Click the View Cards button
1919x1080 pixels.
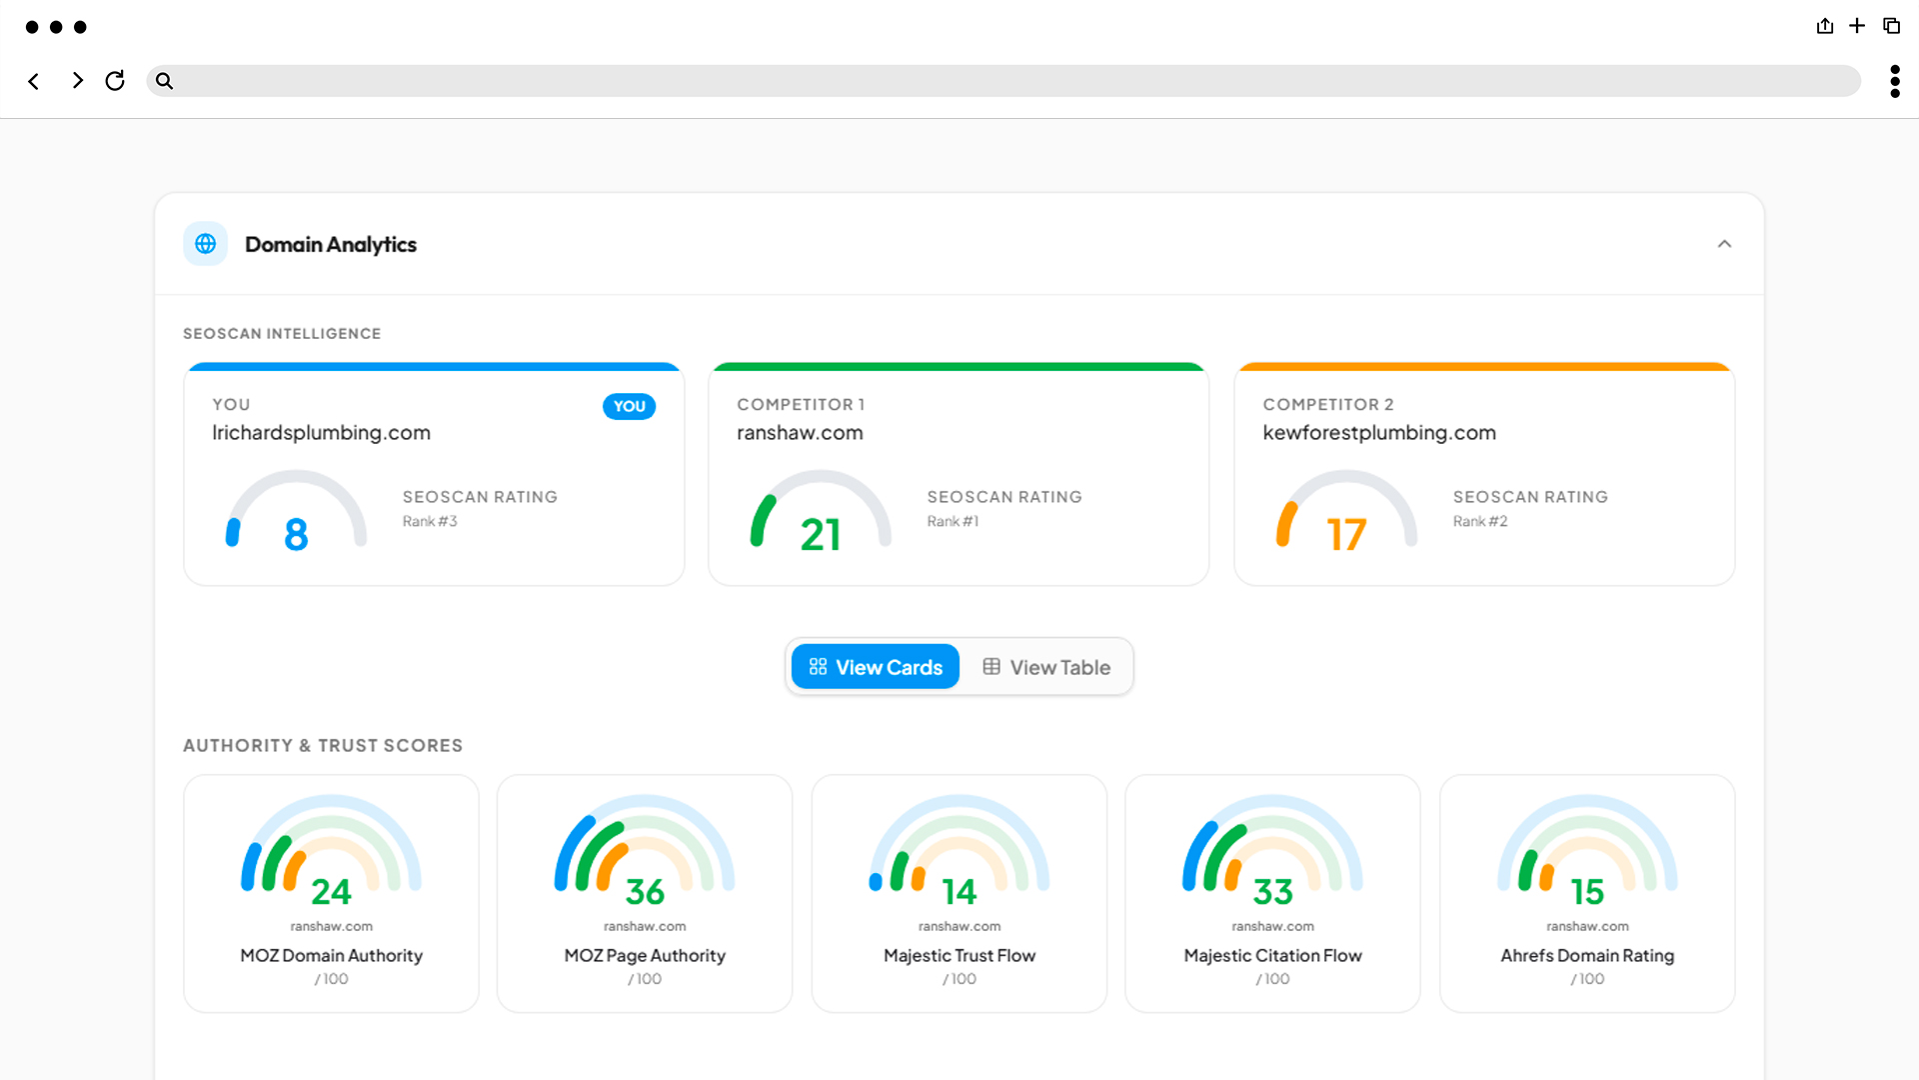point(876,667)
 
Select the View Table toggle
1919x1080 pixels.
point(1046,667)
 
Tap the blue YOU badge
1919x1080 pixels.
point(629,406)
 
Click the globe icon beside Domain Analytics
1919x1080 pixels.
point(206,244)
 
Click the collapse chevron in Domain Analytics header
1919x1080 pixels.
point(1724,244)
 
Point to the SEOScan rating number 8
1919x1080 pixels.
point(296,534)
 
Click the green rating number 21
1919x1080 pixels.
point(821,535)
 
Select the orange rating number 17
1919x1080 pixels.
point(1346,535)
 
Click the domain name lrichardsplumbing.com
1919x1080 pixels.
point(321,433)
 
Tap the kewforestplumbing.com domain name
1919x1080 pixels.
point(1379,433)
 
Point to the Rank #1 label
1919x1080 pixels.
point(953,521)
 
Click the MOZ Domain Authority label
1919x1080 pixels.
point(331,955)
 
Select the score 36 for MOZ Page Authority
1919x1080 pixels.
point(645,891)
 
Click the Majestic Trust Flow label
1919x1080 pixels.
point(959,955)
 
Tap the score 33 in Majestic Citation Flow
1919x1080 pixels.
point(1272,891)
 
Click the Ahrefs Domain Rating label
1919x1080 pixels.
point(1587,955)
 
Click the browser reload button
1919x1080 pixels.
point(115,80)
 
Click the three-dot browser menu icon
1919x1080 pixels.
point(1894,81)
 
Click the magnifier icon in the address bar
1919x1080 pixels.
point(164,81)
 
